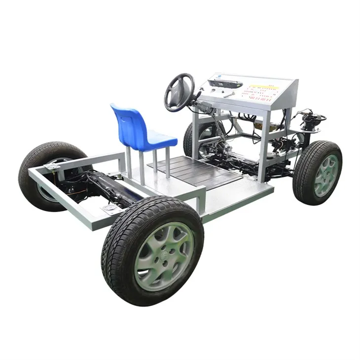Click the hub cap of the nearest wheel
point(164,256)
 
